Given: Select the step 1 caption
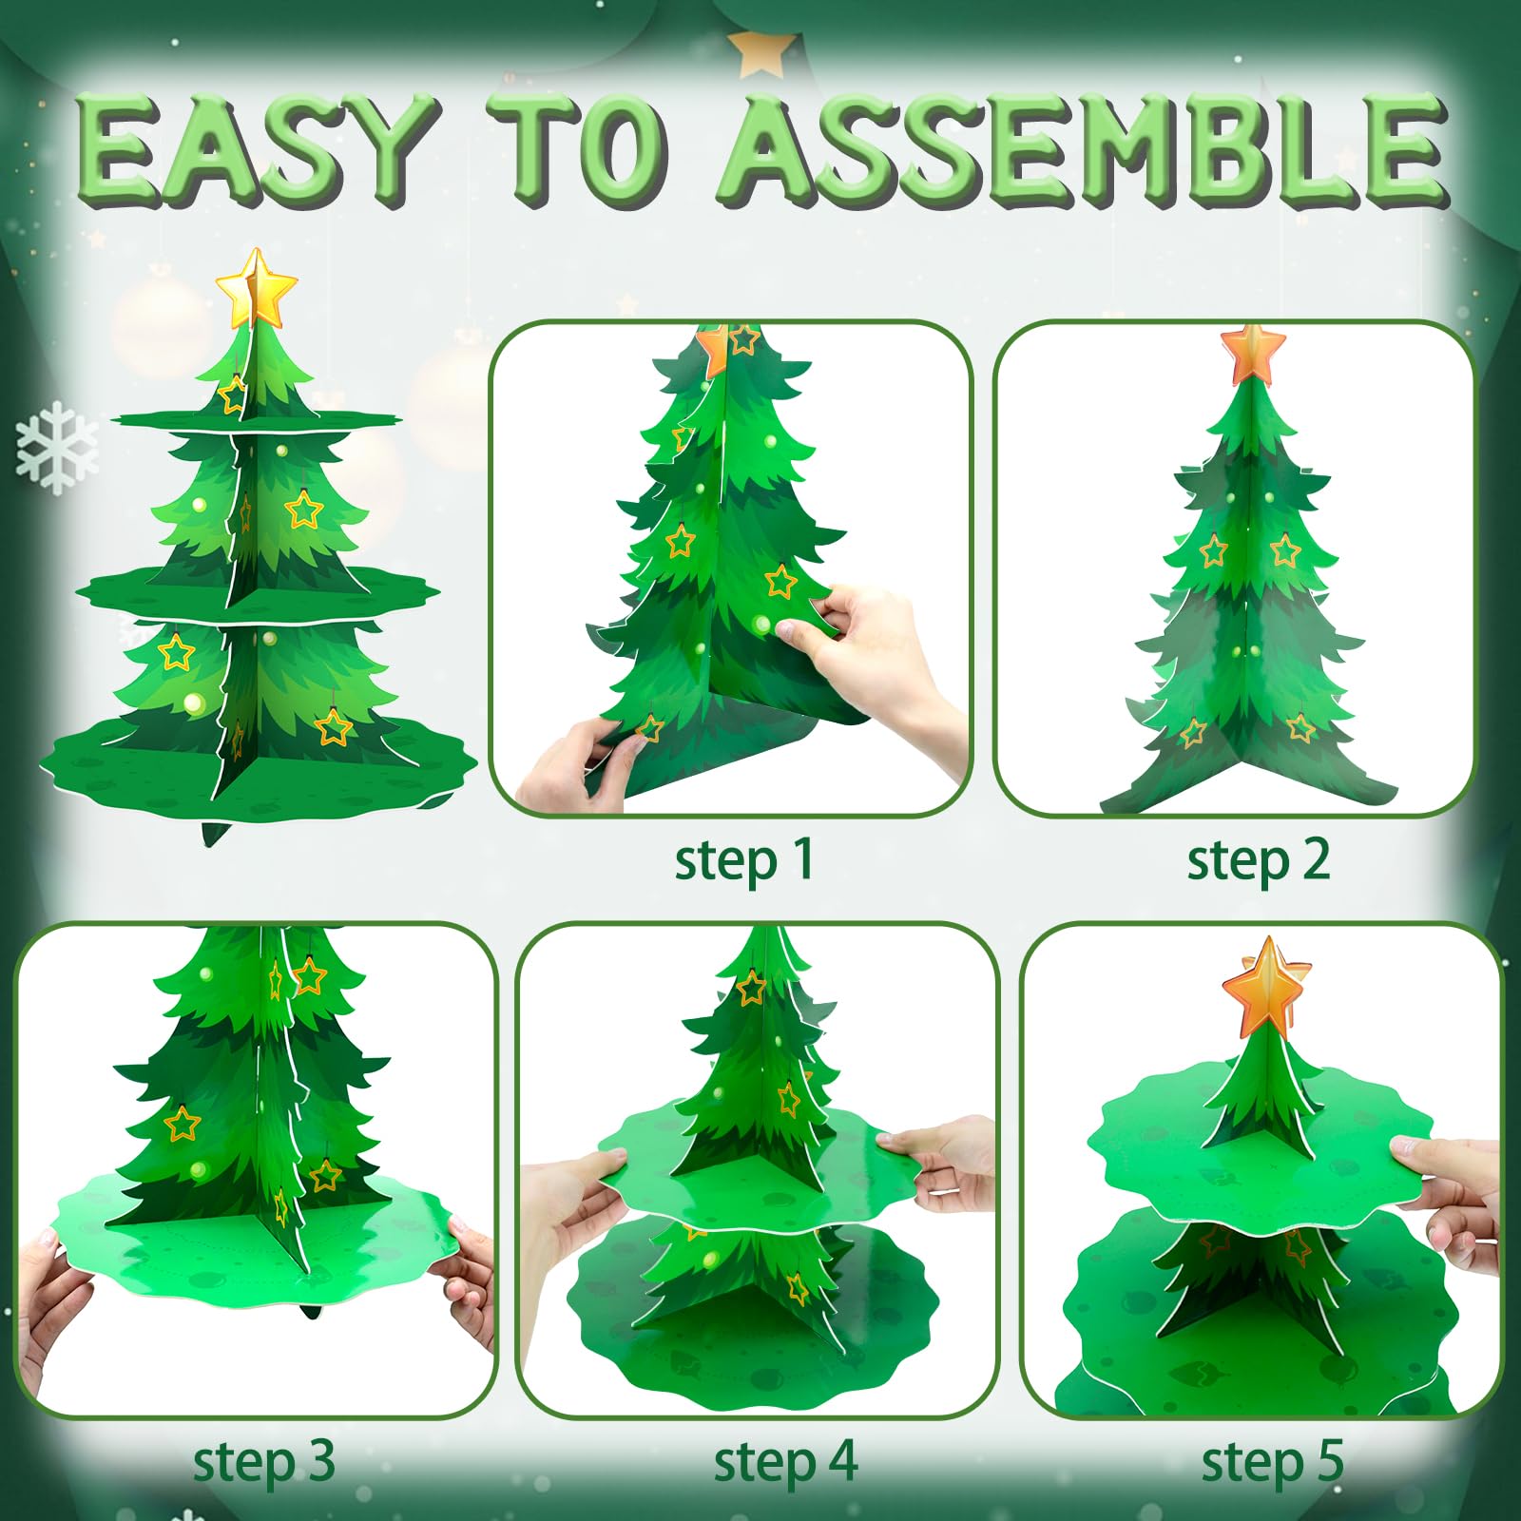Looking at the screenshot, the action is tap(743, 861).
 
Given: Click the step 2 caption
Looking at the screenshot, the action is tap(1258, 861).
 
